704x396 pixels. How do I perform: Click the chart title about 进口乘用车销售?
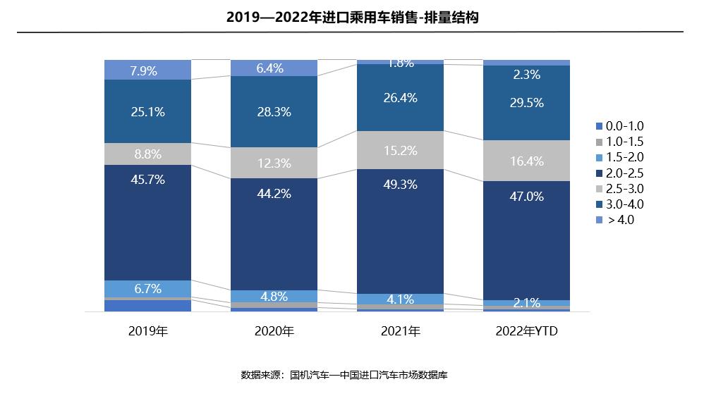coord(352,18)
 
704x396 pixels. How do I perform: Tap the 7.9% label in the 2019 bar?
coord(147,70)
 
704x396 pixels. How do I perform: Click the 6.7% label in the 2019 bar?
coord(147,289)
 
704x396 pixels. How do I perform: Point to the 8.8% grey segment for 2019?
coord(147,154)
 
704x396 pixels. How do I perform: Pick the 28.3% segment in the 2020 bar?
coord(274,111)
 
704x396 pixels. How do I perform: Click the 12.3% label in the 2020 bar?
coord(274,163)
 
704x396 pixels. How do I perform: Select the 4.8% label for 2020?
coord(274,297)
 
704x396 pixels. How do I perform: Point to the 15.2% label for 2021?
coord(400,151)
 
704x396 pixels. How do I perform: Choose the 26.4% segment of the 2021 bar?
coord(400,98)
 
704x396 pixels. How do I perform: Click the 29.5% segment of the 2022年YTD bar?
coord(526,103)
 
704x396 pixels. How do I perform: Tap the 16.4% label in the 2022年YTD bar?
coord(526,161)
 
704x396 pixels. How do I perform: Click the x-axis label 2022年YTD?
coord(526,331)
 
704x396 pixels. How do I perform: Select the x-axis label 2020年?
coord(274,331)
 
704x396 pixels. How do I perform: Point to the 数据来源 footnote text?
coord(344,375)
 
